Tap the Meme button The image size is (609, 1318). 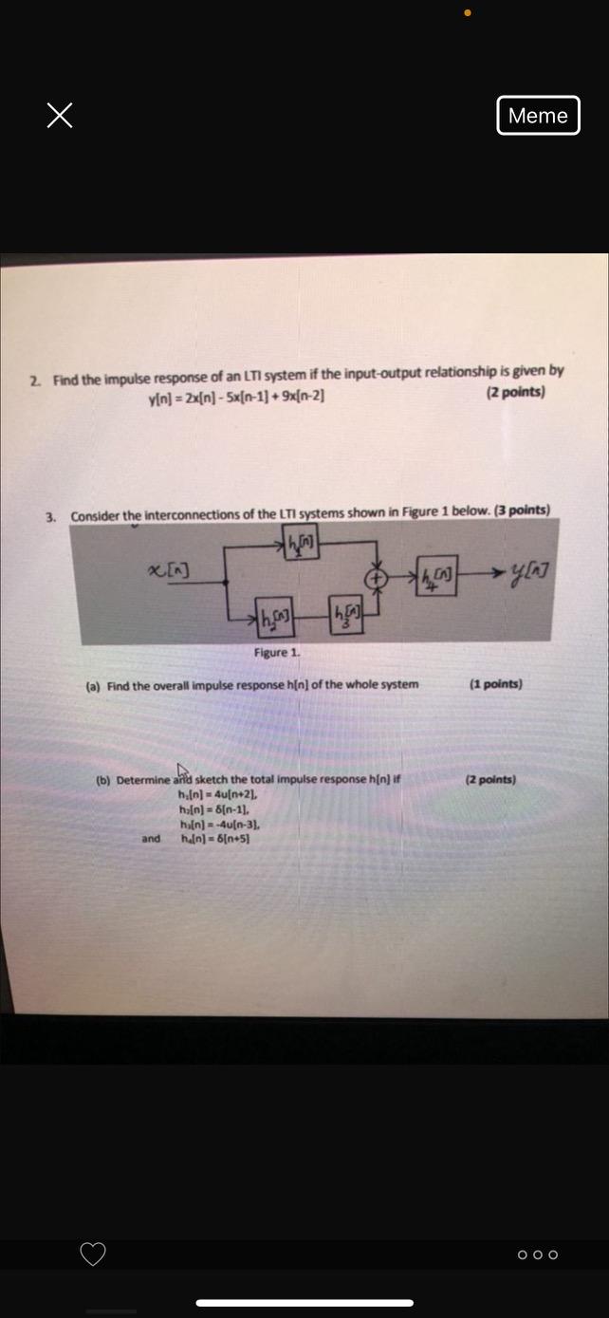pos(538,116)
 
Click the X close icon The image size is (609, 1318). pos(60,116)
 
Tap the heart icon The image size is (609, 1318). pos(93,1253)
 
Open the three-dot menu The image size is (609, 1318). pos(538,1254)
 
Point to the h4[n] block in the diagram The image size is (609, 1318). pos(436,575)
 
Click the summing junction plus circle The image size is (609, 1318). pos(378,577)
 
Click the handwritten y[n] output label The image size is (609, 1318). pos(530,571)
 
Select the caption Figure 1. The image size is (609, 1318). pos(276,653)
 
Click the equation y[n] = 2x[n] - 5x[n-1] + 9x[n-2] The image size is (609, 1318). pos(236,397)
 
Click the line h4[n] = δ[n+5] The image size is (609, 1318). pos(213,839)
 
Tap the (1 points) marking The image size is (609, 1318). pos(495,684)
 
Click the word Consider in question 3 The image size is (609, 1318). pos(93,516)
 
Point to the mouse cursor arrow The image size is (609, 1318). pos(182,770)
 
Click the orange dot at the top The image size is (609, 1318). pos(467,13)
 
